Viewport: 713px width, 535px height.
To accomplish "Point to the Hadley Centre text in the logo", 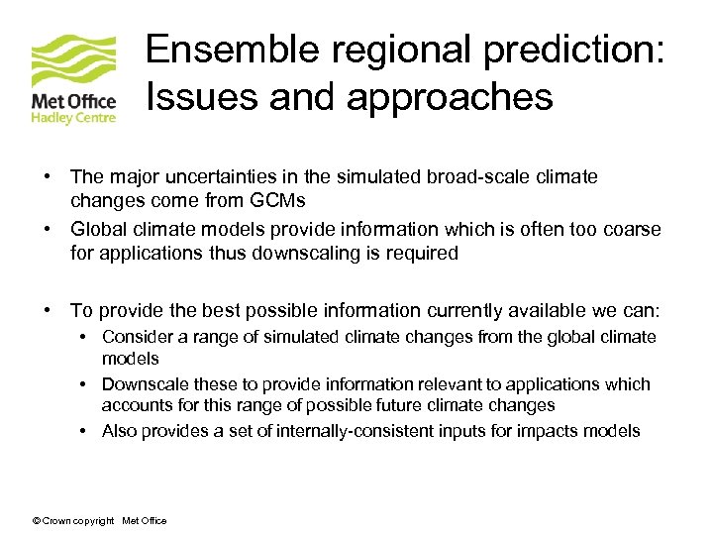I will point(74,118).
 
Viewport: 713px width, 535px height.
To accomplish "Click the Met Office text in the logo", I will point(74,102).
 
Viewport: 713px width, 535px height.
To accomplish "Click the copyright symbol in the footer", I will point(37,521).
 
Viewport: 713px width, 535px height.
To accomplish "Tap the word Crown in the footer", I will point(56,521).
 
